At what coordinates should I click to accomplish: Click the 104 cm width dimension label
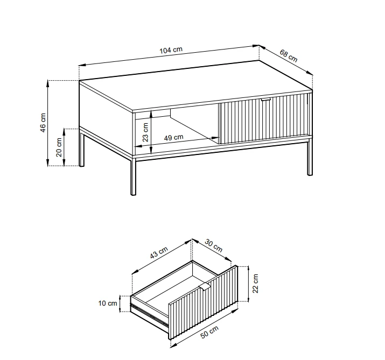pyautogui.click(x=171, y=50)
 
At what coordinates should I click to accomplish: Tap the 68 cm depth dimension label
pyautogui.click(x=288, y=56)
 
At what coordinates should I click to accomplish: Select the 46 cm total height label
pyautogui.click(x=43, y=123)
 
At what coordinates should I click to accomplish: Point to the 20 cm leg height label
pyautogui.click(x=59, y=147)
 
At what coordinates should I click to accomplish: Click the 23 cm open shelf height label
pyautogui.click(x=145, y=132)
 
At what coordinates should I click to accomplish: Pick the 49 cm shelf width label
pyautogui.click(x=173, y=137)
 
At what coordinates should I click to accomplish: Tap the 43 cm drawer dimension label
pyautogui.click(x=159, y=252)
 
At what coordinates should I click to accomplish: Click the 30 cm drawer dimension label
pyautogui.click(x=213, y=246)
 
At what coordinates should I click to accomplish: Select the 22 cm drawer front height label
pyautogui.click(x=256, y=284)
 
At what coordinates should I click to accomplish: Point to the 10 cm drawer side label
pyautogui.click(x=108, y=303)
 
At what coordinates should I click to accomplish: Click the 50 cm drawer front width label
pyautogui.click(x=209, y=332)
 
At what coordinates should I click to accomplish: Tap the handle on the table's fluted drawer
pyautogui.click(x=265, y=100)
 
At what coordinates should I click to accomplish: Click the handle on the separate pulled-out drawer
pyautogui.click(x=204, y=286)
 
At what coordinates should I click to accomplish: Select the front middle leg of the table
pyautogui.click(x=133, y=176)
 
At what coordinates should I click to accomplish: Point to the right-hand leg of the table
pyautogui.click(x=310, y=157)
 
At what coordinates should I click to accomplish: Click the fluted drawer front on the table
pyautogui.click(x=264, y=118)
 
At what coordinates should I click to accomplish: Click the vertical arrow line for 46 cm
pyautogui.click(x=48, y=123)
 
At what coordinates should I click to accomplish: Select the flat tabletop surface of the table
pyautogui.click(x=195, y=87)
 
